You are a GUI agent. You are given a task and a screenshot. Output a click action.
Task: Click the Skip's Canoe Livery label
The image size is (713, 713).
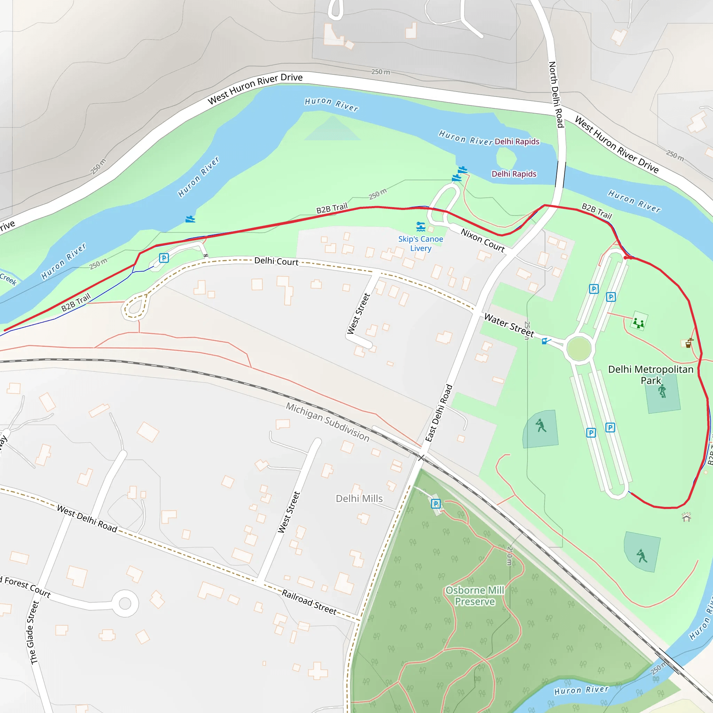420,244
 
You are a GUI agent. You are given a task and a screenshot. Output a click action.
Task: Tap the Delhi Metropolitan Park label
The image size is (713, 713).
651,375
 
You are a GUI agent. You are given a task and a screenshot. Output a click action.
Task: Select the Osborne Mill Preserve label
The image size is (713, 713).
475,596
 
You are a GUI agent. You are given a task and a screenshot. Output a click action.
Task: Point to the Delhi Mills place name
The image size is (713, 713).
359,499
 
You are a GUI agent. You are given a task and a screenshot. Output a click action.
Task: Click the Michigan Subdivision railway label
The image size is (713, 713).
328,422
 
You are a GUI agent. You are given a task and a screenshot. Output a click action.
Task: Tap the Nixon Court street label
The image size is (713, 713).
482,240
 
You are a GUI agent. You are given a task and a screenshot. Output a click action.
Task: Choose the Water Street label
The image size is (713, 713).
509,325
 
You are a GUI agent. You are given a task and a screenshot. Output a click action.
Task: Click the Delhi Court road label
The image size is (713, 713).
276,261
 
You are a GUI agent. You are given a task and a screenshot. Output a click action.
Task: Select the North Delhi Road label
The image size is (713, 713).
556,94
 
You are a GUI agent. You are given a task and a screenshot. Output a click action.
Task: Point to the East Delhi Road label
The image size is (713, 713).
439,413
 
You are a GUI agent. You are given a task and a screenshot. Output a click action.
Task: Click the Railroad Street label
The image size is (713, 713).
309,602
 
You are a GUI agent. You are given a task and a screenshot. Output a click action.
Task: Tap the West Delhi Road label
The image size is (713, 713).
87,519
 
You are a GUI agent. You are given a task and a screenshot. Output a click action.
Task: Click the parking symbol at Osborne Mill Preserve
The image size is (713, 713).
436,504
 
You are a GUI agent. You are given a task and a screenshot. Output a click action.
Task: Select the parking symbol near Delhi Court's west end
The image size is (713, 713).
164,258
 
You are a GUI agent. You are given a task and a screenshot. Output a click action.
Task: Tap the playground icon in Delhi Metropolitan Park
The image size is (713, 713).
639,323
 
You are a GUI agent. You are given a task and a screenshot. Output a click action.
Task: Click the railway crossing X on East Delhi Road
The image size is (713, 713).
421,458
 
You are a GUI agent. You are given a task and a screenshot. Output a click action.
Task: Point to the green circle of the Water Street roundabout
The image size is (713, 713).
579,348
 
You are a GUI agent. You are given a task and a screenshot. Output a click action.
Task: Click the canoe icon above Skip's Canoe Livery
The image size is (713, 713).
421,226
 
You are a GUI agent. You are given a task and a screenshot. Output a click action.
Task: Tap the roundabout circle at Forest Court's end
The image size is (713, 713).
125,604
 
